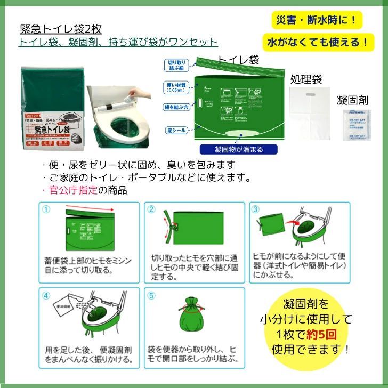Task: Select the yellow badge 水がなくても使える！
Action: pos(318,41)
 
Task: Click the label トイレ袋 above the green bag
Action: pos(239,60)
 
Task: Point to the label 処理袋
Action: pos(306,79)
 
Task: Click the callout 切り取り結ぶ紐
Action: pos(176,65)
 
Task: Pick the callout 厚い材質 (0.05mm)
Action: pos(176,86)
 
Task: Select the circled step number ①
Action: pos(46,209)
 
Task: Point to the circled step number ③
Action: pos(256,209)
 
